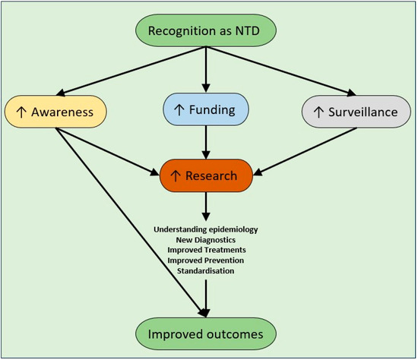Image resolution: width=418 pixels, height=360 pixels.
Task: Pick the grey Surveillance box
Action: [x=355, y=112]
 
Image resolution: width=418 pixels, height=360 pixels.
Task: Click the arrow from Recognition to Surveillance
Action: [x=281, y=71]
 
